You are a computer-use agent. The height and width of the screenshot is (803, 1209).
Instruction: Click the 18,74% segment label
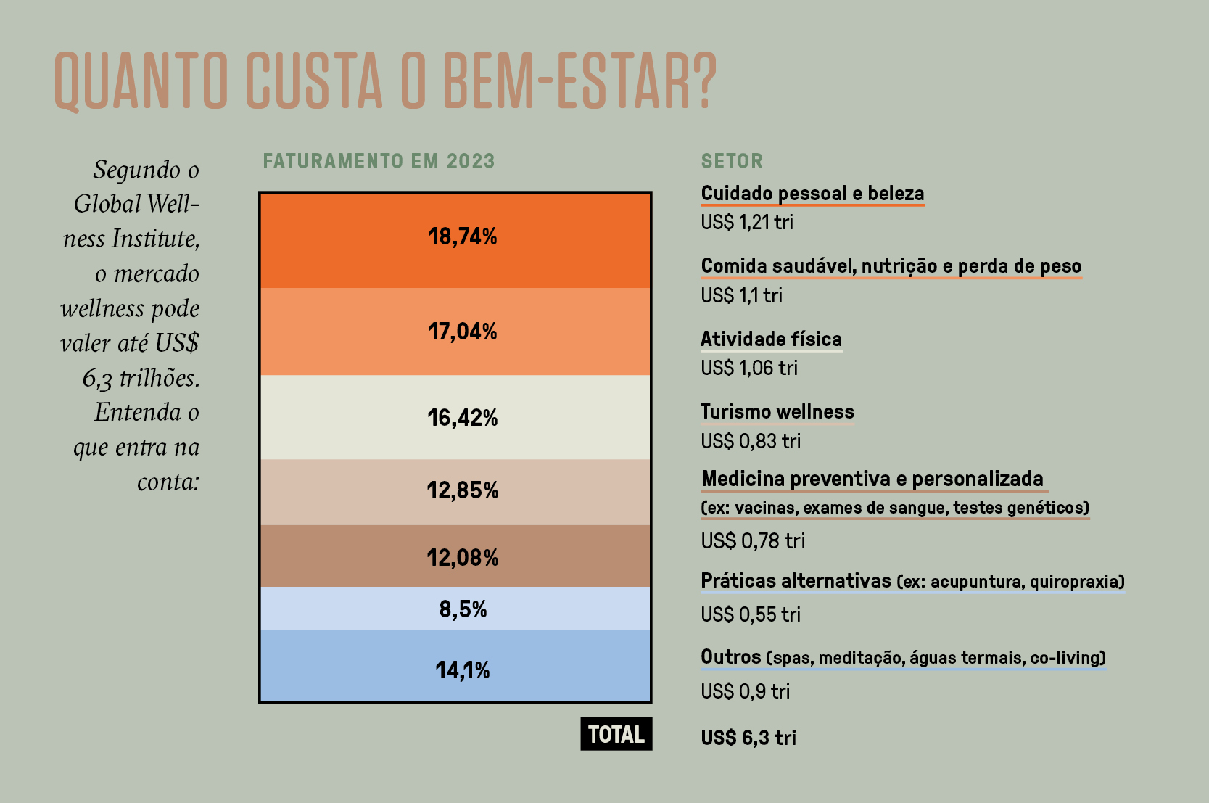[x=462, y=236]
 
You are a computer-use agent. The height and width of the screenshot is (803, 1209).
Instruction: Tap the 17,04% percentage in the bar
[x=462, y=332]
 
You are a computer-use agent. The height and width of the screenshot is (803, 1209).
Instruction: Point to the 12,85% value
[x=462, y=490]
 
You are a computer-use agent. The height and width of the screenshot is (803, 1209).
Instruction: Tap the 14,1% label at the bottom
[x=462, y=670]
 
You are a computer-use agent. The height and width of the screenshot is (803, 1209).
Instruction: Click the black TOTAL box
[x=616, y=734]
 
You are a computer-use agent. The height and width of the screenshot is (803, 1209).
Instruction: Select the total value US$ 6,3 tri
[x=748, y=738]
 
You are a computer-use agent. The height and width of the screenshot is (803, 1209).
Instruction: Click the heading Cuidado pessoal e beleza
[x=812, y=193]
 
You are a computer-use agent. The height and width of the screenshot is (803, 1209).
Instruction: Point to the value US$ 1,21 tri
[x=746, y=222]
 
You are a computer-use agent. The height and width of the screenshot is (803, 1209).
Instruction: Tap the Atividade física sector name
[x=770, y=339]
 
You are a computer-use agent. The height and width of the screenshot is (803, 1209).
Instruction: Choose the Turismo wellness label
[x=777, y=411]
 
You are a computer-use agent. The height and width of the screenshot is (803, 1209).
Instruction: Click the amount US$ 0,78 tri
[x=752, y=541]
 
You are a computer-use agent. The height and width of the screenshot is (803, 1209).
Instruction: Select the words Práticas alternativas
[x=795, y=580]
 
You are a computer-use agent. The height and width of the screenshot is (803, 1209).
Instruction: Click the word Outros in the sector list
[x=730, y=656]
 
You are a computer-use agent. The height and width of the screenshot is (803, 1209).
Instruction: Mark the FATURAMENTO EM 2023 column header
[x=379, y=161]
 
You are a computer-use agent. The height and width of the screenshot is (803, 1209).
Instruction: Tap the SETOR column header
[x=731, y=161]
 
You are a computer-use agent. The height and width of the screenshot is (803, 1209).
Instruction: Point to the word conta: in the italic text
[x=168, y=482]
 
